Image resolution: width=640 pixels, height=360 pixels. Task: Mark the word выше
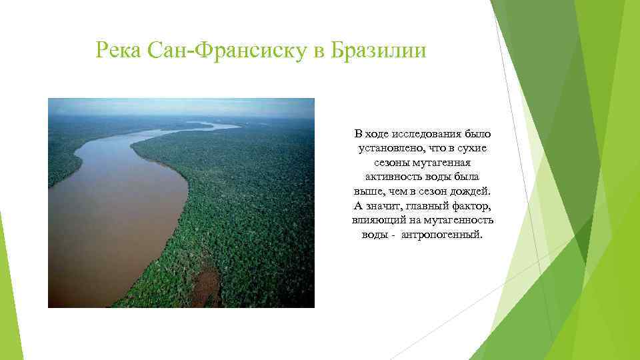pyautogui.click(x=369, y=191)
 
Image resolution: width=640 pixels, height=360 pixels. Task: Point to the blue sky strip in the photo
pyautogui.click(x=180, y=105)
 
